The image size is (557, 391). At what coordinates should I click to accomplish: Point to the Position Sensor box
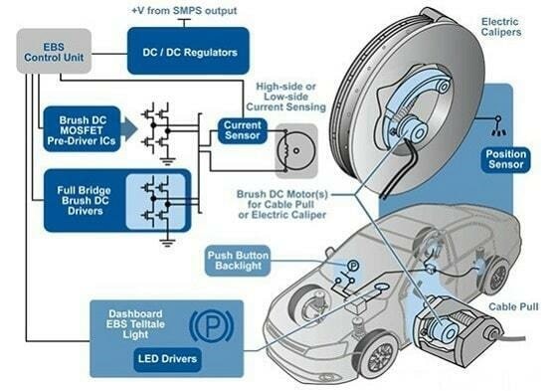click(x=506, y=160)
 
